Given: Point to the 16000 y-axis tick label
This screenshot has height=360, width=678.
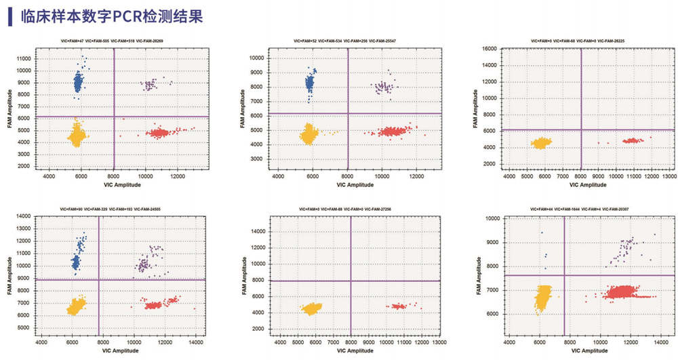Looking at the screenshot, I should [x=489, y=49].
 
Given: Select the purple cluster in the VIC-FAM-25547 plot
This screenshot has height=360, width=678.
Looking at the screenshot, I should [x=384, y=87].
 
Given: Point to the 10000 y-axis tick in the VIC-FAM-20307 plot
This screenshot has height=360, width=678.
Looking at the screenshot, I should [x=494, y=219].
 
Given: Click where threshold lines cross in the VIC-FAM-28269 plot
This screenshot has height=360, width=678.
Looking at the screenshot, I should [x=113, y=117].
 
